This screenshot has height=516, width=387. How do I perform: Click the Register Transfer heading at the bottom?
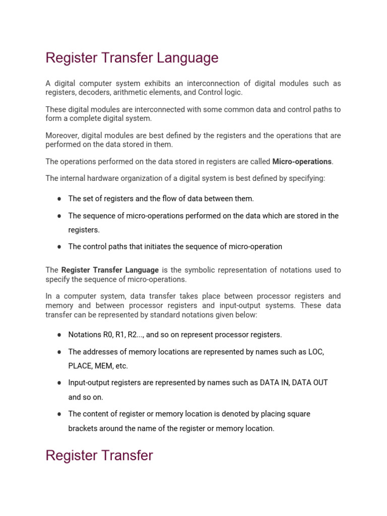point(99,456)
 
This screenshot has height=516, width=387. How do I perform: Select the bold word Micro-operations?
point(302,162)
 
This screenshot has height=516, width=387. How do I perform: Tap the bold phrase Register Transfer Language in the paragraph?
point(110,270)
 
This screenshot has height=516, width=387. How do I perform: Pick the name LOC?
point(316,352)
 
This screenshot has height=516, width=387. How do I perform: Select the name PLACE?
point(80,366)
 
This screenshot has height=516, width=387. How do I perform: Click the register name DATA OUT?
point(310,383)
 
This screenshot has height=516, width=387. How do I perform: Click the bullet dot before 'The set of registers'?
point(59,199)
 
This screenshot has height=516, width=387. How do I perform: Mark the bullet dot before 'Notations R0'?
point(59,335)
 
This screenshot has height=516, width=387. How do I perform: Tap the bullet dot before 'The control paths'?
point(59,247)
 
